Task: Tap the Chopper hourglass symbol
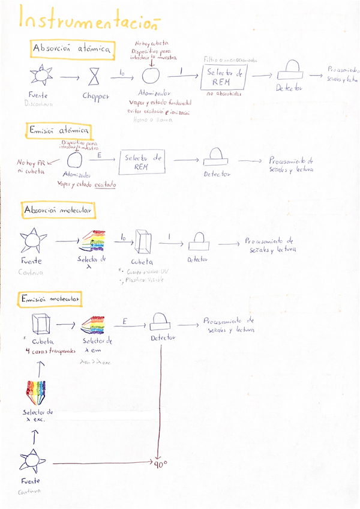95,77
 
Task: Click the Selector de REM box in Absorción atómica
223,77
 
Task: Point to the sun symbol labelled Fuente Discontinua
41,76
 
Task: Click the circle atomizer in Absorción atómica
151,76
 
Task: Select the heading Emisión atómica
59,130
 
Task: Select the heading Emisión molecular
52,298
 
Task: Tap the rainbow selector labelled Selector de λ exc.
37,391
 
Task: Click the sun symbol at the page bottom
29,461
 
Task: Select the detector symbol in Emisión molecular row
159,321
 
